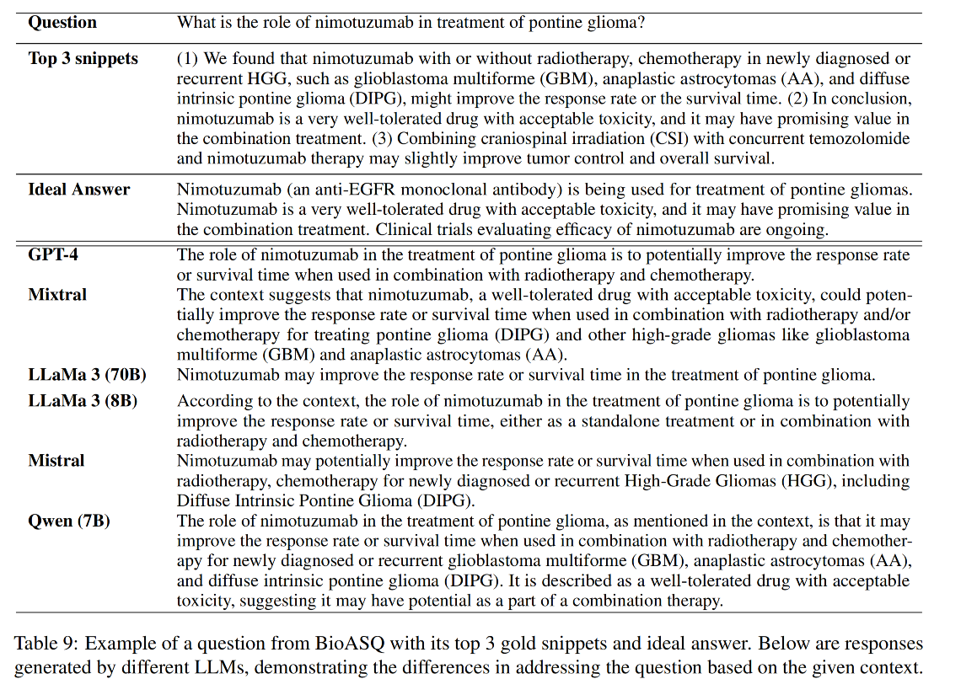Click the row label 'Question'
pyautogui.click(x=62, y=23)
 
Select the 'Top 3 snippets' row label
pyautogui.click(x=83, y=59)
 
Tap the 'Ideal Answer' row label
pyautogui.click(x=78, y=190)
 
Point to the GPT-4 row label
pyautogui.click(x=53, y=254)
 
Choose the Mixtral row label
pyautogui.click(x=57, y=294)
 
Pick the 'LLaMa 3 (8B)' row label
pyautogui.click(x=83, y=401)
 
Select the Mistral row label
pyautogui.click(x=56, y=461)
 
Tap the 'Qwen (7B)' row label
pyautogui.click(x=69, y=521)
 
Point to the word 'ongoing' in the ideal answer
pyautogui.click(x=802, y=230)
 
